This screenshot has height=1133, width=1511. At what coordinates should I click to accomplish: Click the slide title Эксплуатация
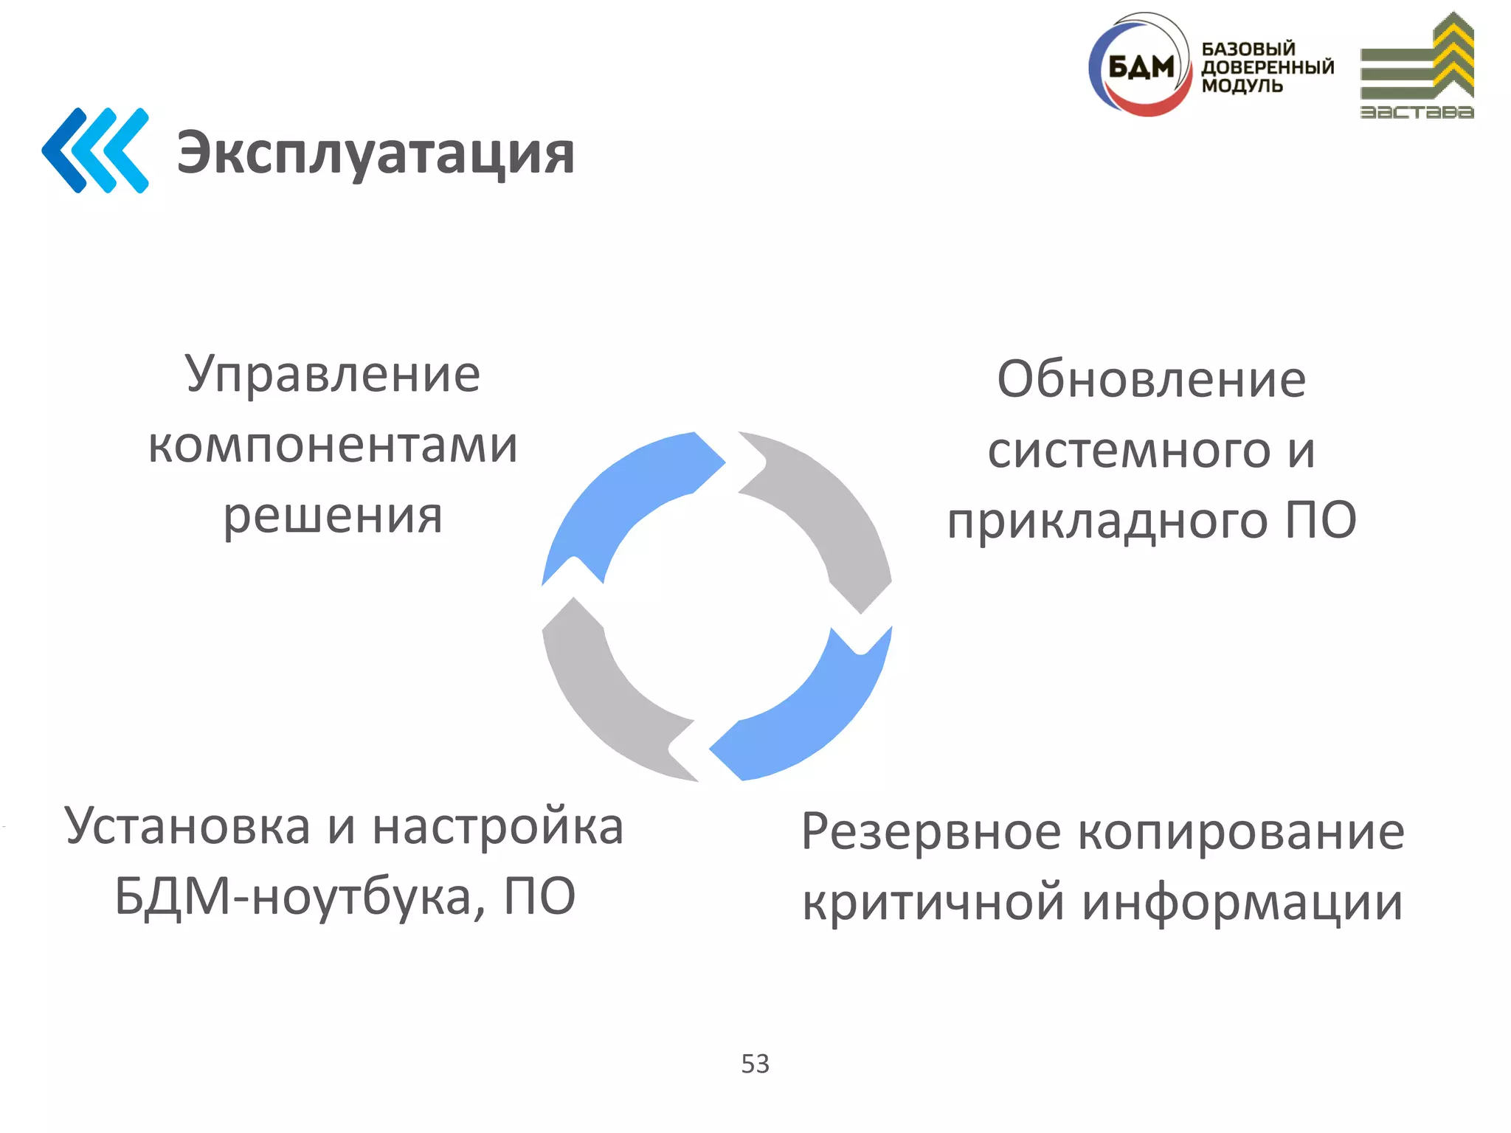(375, 153)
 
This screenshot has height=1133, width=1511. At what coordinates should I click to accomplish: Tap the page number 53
(755, 1064)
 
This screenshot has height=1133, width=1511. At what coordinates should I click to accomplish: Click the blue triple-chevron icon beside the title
(95, 150)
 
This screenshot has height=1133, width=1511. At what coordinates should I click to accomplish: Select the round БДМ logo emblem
(1140, 66)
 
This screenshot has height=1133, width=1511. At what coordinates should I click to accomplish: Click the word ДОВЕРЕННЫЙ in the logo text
(1268, 67)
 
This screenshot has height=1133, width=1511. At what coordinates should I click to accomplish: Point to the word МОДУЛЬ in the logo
(1242, 86)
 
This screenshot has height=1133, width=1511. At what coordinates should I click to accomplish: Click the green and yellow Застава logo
(1417, 66)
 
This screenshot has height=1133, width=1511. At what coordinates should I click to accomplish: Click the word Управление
(333, 374)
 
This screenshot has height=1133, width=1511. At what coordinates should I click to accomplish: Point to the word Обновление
(1151, 379)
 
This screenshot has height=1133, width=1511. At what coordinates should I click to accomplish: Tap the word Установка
(187, 826)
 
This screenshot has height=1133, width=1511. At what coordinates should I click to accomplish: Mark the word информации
(1242, 902)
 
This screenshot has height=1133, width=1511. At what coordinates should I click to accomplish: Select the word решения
(333, 516)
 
